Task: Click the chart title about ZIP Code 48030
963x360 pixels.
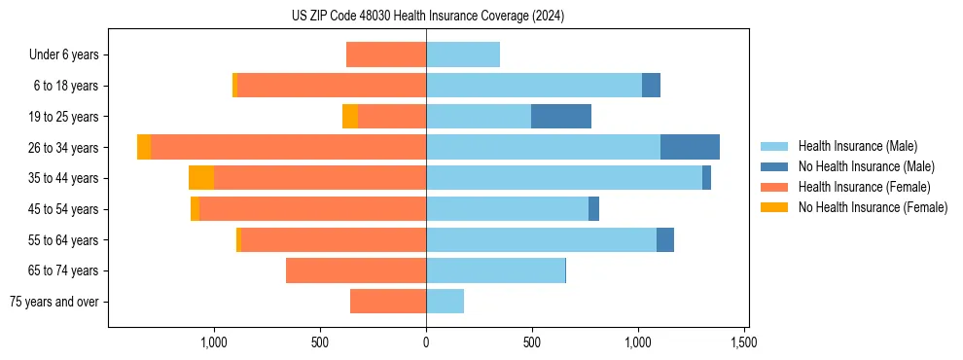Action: click(427, 17)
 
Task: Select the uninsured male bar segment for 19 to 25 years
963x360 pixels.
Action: click(561, 117)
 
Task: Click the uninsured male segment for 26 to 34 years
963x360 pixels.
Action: click(690, 147)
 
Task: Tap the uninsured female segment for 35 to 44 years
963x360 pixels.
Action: click(201, 178)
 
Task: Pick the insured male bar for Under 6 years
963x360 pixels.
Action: click(463, 54)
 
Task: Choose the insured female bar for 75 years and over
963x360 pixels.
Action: click(388, 302)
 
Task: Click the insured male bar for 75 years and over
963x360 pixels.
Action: click(446, 302)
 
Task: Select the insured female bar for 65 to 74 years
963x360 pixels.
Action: click(356, 270)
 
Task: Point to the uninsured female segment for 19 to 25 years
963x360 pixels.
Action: click(350, 117)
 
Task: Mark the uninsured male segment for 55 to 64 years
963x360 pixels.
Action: click(665, 239)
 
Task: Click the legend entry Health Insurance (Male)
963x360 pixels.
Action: click(857, 146)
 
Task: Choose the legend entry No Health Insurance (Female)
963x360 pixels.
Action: click(873, 207)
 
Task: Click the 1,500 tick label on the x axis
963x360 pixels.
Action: click(744, 342)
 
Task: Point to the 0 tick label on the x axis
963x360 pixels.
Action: click(426, 342)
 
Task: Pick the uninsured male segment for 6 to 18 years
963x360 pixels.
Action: click(651, 86)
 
